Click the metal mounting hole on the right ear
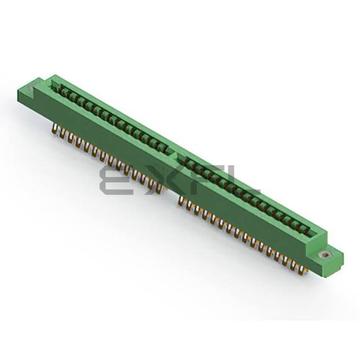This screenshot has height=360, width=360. [325, 254]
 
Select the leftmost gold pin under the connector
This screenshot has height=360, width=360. [55, 127]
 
